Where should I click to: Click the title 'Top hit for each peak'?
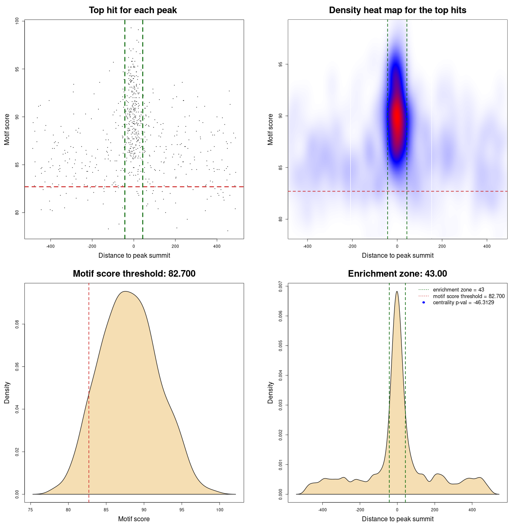pos(133,10)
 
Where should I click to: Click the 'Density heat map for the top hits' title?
pos(397,10)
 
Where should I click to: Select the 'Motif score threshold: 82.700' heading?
pos(134,274)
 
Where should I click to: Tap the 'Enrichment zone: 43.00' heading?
pos(397,274)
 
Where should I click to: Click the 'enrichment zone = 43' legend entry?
pos(458,290)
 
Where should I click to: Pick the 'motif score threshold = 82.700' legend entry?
pos(469,296)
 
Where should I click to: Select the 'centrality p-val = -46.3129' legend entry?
pos(463,303)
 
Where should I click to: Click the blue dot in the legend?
pos(424,303)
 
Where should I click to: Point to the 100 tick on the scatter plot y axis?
pos(17,21)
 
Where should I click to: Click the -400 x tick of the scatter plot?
pos(50,246)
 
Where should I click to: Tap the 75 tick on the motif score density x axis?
pos(30,510)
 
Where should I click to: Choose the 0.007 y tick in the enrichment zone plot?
pos(281,286)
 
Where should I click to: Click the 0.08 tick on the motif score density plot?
pos(17,324)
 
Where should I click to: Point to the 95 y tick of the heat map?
pos(281,64)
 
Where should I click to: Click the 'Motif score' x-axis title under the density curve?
pos(134,519)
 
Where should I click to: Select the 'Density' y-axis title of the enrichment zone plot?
pos(270,392)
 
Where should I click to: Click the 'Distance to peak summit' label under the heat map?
pos(397,255)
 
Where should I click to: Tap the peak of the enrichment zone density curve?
pos(397,292)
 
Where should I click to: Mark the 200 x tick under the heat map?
pos(442,246)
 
